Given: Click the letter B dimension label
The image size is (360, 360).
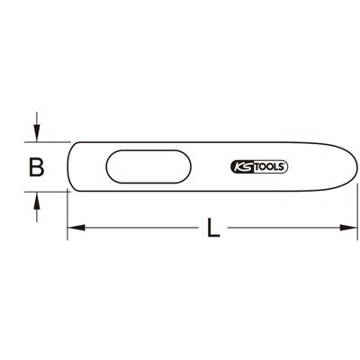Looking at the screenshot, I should tap(35, 166).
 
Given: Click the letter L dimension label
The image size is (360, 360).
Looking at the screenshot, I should tap(212, 229).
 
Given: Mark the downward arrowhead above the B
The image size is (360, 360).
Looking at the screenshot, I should tap(35, 134).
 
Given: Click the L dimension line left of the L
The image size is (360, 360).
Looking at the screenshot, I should tap(135, 228).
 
